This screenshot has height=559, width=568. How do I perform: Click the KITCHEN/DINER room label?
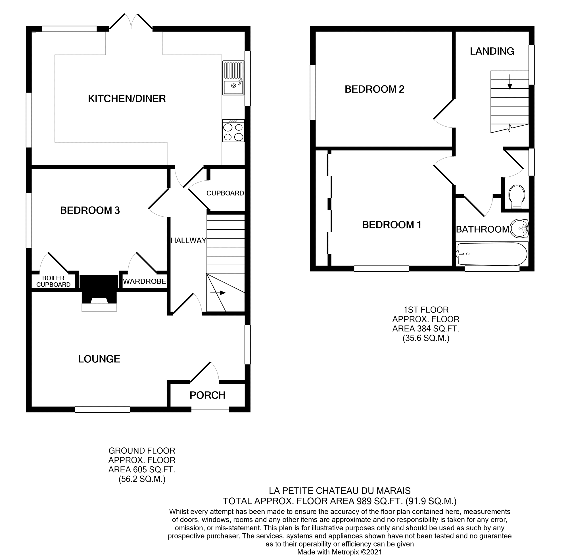(x=127, y=99)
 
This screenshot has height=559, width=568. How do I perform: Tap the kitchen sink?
(x=233, y=78)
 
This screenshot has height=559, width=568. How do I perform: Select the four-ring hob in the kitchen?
(x=233, y=131)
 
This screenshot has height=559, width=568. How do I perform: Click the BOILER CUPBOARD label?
(x=53, y=281)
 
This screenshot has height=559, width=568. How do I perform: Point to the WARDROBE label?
(x=145, y=281)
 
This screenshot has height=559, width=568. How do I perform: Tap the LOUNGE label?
(x=99, y=359)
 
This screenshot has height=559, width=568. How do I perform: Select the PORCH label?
(x=207, y=395)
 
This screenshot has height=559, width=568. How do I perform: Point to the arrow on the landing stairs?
(x=509, y=82)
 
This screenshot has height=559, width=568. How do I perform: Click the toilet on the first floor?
(x=516, y=196)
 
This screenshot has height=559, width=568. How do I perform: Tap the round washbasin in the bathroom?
(x=519, y=228)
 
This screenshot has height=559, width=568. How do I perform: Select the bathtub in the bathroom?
(x=492, y=254)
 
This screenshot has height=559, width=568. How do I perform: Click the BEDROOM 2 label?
(x=374, y=89)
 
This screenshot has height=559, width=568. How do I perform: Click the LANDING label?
(x=492, y=51)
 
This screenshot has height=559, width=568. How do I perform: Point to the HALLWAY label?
(x=189, y=241)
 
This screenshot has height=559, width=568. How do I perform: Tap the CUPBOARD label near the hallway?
(x=225, y=193)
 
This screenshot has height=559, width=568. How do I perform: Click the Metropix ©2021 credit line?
(x=340, y=552)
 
